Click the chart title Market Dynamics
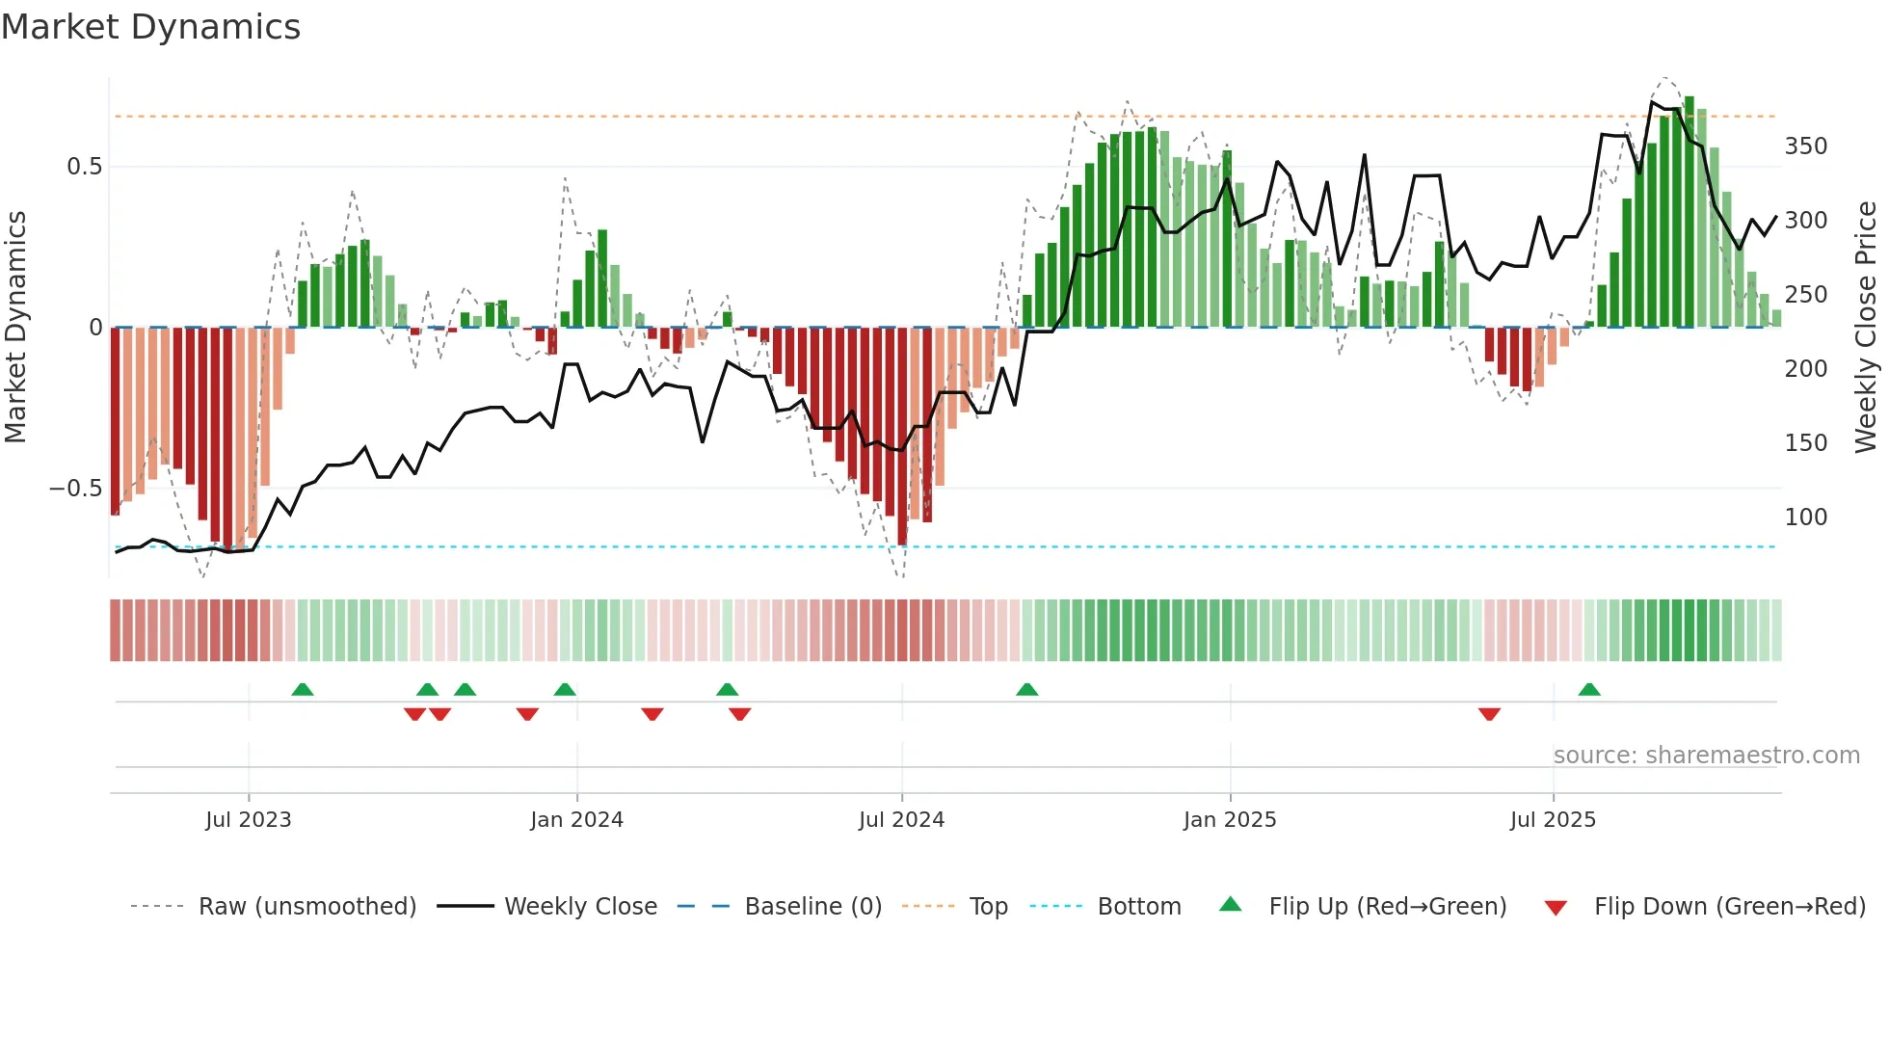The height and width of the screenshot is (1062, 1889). click(x=151, y=27)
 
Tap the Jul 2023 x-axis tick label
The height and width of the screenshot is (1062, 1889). click(x=248, y=820)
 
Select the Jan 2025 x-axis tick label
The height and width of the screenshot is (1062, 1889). click(x=1230, y=820)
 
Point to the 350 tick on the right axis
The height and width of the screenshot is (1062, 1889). click(x=1805, y=146)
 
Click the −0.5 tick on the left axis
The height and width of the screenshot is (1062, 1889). click(x=75, y=489)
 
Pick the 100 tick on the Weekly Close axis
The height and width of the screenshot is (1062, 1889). click(x=1805, y=518)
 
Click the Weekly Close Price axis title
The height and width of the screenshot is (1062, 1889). click(x=1866, y=328)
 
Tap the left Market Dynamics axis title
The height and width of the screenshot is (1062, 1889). click(x=15, y=328)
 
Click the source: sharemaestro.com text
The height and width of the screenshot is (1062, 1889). click(x=1706, y=756)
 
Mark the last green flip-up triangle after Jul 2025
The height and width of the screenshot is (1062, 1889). click(x=1589, y=690)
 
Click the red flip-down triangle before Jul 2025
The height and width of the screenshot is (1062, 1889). click(x=1489, y=714)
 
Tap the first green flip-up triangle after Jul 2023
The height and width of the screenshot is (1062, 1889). click(x=303, y=690)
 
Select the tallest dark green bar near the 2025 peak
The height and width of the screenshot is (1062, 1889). click(x=1689, y=212)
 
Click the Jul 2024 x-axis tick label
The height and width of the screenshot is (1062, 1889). click(x=901, y=820)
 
